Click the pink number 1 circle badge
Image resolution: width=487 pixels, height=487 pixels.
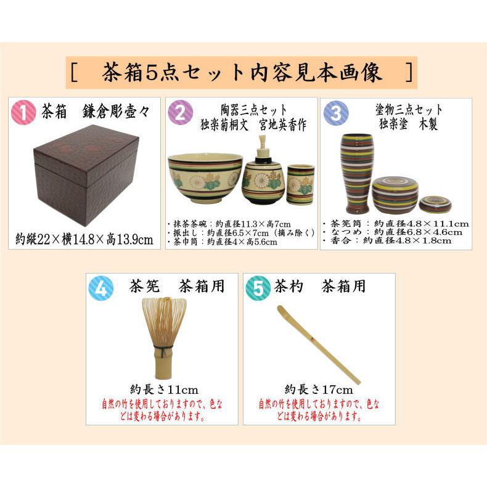(x=24, y=113)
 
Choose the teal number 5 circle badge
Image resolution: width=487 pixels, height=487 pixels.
(x=258, y=287)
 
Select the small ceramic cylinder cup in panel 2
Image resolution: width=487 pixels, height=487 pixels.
(x=300, y=184)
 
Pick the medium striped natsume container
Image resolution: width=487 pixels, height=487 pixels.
(x=395, y=194)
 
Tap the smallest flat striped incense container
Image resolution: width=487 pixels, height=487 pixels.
(x=435, y=203)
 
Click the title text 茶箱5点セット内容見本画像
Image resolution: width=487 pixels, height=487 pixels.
(x=242, y=73)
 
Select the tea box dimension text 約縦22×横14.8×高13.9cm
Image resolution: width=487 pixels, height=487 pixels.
(x=84, y=239)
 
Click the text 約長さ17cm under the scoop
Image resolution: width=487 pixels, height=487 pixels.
(x=318, y=389)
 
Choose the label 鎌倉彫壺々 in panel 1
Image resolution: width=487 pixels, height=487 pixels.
(x=117, y=113)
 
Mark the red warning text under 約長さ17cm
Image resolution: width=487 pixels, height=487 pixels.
(x=318, y=410)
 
